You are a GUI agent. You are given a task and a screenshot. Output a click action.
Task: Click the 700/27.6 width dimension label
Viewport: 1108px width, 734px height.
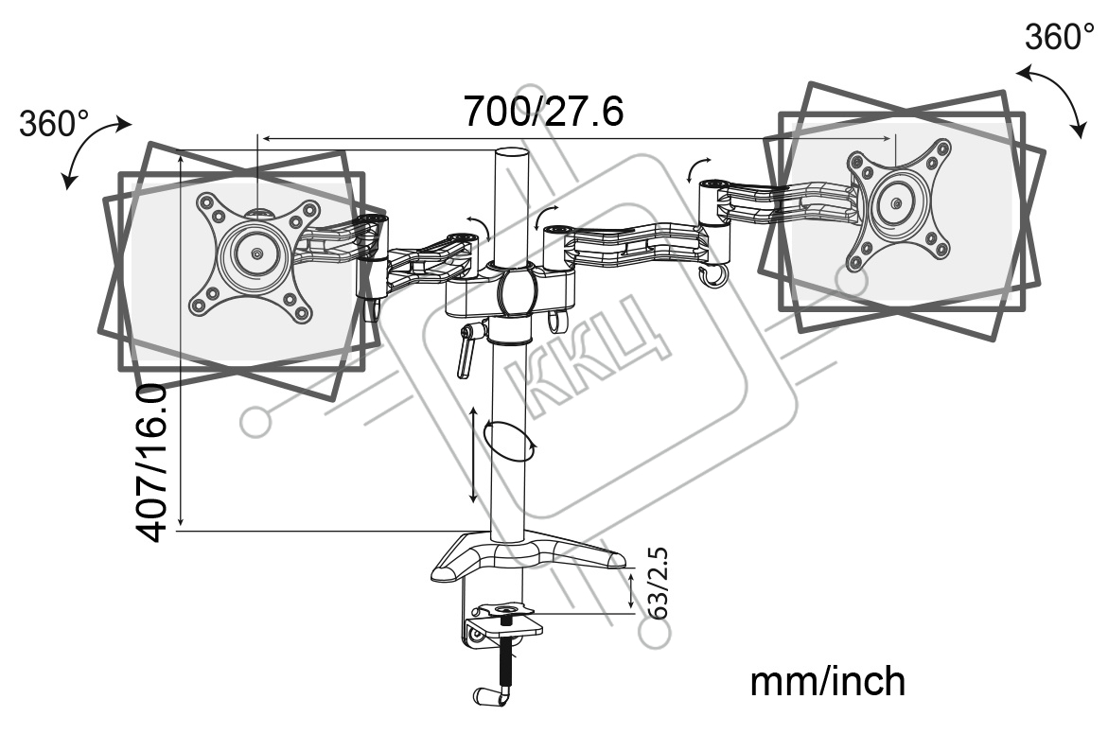(543, 111)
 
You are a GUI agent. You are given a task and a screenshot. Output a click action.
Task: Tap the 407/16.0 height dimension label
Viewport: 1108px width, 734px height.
(151, 463)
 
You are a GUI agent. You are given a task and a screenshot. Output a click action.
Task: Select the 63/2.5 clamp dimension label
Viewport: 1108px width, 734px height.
(658, 583)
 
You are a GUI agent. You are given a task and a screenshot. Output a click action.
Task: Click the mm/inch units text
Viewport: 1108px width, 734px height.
(828, 682)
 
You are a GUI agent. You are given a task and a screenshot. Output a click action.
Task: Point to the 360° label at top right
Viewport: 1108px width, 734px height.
(1059, 37)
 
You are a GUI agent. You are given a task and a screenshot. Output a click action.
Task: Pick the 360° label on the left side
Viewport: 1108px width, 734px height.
(54, 124)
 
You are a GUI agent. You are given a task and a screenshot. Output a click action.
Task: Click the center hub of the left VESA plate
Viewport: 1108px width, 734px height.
(255, 253)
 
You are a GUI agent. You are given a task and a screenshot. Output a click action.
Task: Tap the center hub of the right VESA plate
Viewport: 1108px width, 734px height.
(896, 204)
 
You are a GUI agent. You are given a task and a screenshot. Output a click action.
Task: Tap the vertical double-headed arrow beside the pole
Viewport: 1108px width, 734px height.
(474, 455)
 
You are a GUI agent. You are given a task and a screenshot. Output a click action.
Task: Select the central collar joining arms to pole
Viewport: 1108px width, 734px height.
(519, 290)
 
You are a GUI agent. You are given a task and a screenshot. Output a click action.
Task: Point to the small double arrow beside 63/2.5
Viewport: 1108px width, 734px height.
(631, 589)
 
